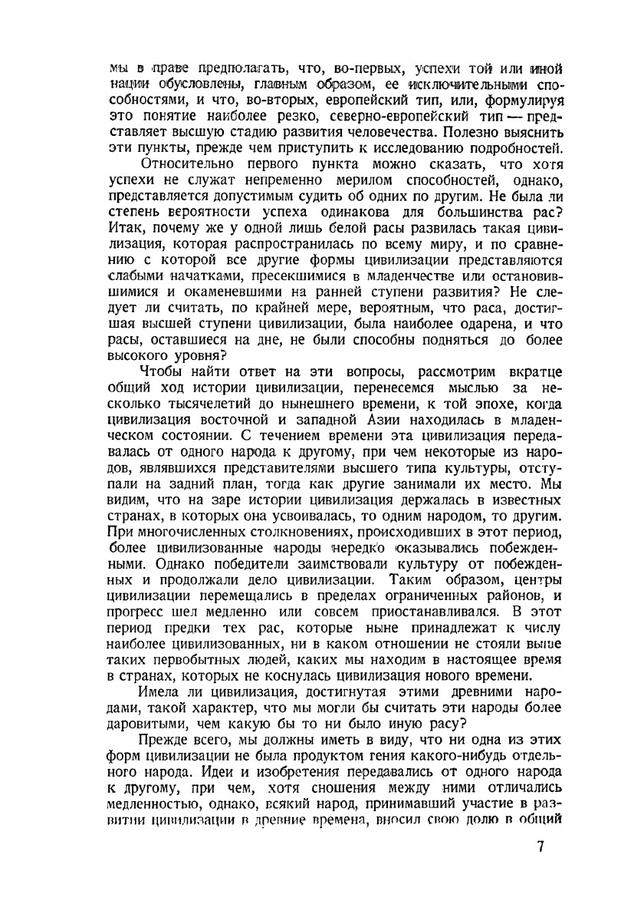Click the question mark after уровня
point(223,356)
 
